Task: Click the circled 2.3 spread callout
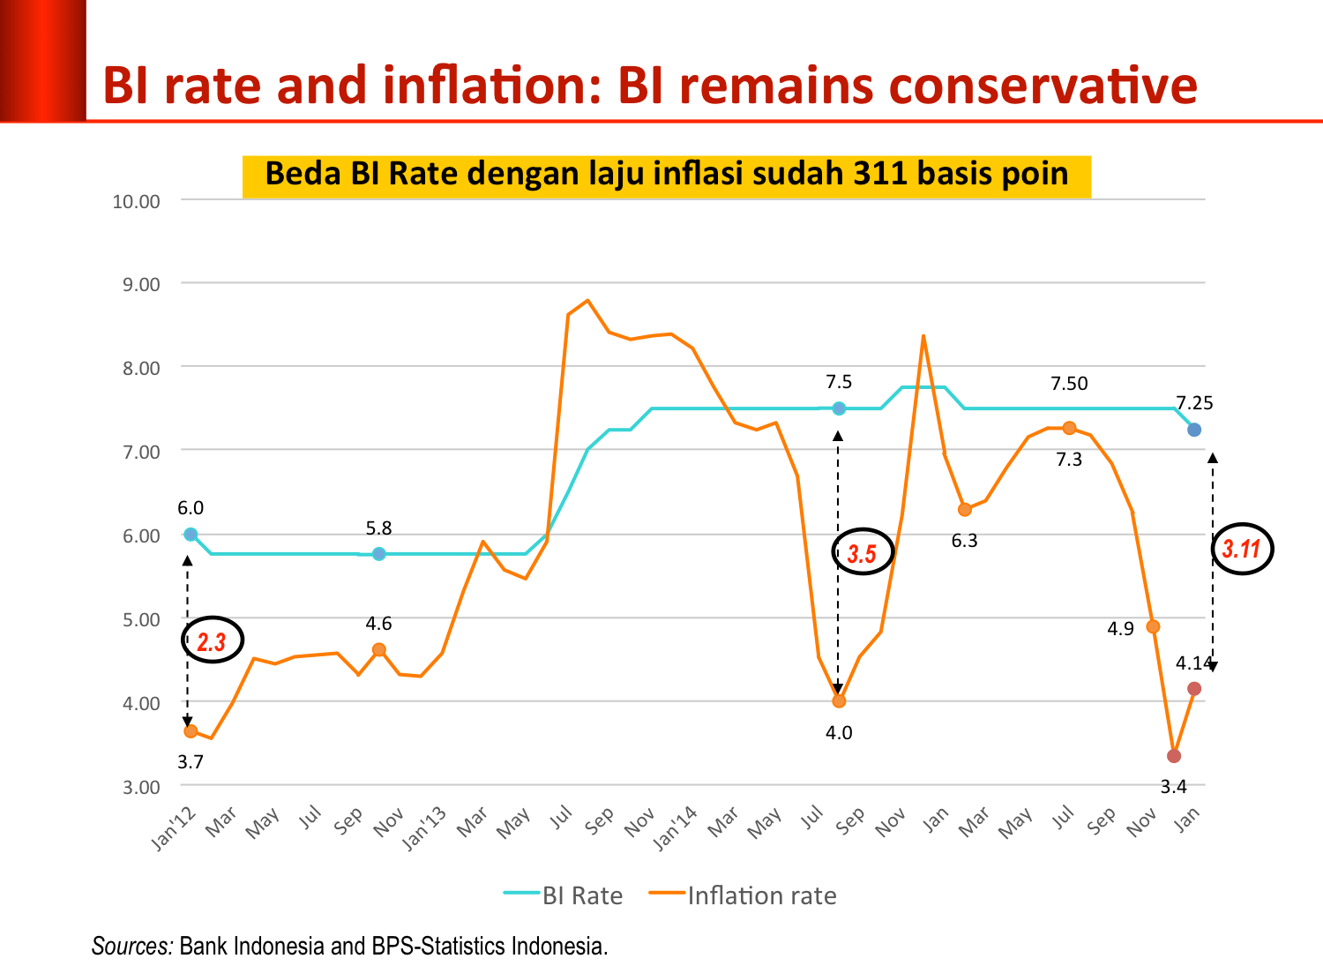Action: coord(212,641)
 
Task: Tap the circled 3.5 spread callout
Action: coord(863,553)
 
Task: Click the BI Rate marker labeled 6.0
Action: coord(191,534)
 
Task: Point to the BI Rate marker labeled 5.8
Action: coord(378,554)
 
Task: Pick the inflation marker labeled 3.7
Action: coord(191,731)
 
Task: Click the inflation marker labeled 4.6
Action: coord(378,649)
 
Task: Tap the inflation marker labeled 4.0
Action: coord(839,701)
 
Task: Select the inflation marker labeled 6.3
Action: coord(964,510)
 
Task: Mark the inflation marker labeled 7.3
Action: coord(1069,428)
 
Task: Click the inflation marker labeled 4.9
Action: coord(1153,626)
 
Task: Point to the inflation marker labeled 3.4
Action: coord(1174,756)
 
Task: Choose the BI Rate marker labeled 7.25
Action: coord(1194,430)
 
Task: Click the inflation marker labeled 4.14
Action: coord(1194,688)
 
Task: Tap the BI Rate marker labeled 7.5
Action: coord(839,408)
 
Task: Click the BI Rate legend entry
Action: coord(564,895)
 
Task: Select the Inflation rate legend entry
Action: coord(743,895)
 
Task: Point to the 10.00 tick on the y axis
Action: coord(137,201)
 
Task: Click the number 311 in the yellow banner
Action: coord(880,173)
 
